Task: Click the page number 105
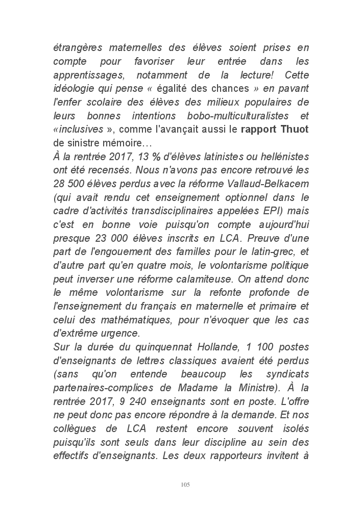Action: coord(185,484)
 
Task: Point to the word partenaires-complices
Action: coord(99,387)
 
